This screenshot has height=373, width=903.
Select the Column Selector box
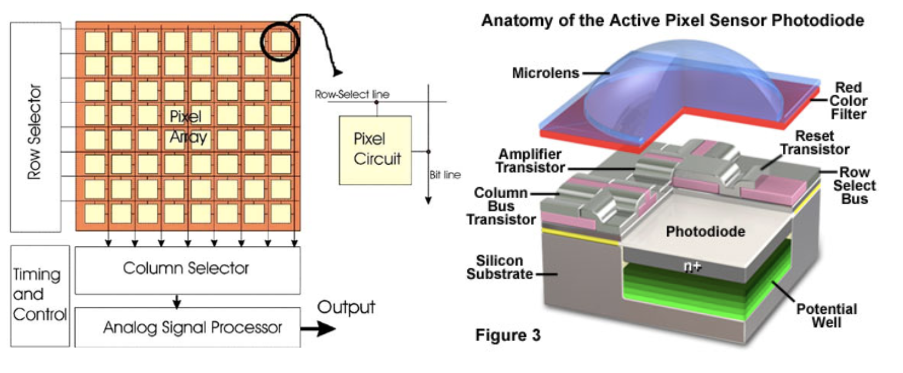(187, 269)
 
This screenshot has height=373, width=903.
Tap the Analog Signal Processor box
(187, 327)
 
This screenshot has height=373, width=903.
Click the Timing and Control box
(40, 295)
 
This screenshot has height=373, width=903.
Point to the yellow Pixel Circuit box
(375, 150)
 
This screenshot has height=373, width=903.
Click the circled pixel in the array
(280, 42)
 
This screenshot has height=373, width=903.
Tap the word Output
(346, 307)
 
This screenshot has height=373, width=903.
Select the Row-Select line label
(352, 94)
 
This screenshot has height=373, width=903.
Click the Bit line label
(445, 175)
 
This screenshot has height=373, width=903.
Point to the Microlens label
(546, 73)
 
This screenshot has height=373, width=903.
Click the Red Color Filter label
(848, 101)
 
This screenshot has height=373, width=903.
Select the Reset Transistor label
(815, 142)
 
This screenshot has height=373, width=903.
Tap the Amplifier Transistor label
(530, 160)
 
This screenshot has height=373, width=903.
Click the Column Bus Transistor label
(501, 206)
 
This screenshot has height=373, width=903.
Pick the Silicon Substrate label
(499, 267)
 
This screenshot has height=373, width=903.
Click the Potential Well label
(826, 315)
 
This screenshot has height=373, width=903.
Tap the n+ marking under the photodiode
(693, 266)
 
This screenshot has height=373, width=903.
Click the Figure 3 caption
(508, 335)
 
